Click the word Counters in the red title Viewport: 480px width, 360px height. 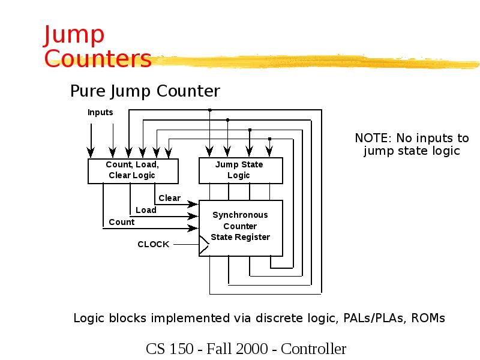click(x=98, y=59)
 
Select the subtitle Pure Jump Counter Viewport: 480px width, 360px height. click(x=145, y=91)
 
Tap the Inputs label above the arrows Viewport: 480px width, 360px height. click(x=100, y=112)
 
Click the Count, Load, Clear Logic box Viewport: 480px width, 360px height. click(x=133, y=170)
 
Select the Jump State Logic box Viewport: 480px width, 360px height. click(x=240, y=170)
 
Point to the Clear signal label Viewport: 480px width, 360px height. click(x=169, y=198)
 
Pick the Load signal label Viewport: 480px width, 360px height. click(x=146, y=210)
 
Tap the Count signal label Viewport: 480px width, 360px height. click(x=122, y=222)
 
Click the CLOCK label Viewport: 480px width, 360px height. click(x=154, y=244)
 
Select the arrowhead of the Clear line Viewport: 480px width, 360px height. click(x=194, y=204)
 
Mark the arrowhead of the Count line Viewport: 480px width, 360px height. click(x=194, y=228)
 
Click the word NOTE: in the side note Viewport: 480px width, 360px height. click(x=373, y=139)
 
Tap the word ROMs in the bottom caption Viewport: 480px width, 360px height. click(x=428, y=318)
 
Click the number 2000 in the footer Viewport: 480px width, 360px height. click(x=252, y=349)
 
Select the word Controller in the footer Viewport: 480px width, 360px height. click(x=314, y=349)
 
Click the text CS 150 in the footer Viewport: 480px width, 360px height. click(x=169, y=349)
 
